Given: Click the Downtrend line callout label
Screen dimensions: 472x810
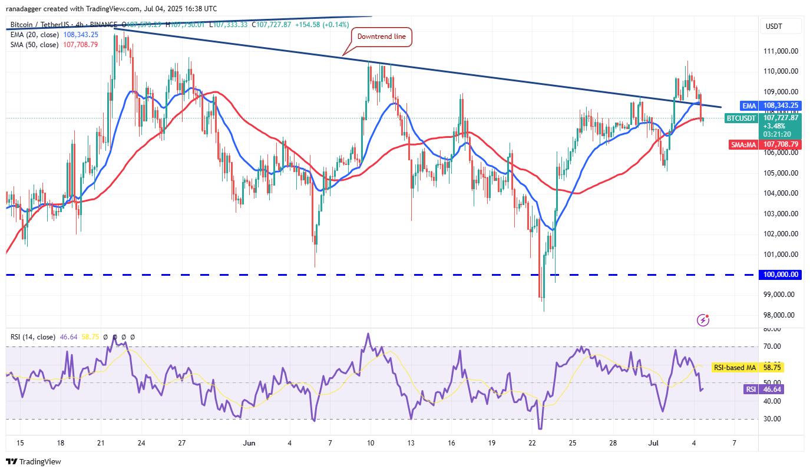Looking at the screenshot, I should (382, 37).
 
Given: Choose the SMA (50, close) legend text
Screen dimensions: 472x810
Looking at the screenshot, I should (33, 44).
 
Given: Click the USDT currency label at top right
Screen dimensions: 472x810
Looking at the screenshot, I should (773, 27).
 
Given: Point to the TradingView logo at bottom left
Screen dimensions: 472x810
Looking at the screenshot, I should (34, 461).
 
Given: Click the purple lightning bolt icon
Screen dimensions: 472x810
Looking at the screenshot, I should (703, 320).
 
